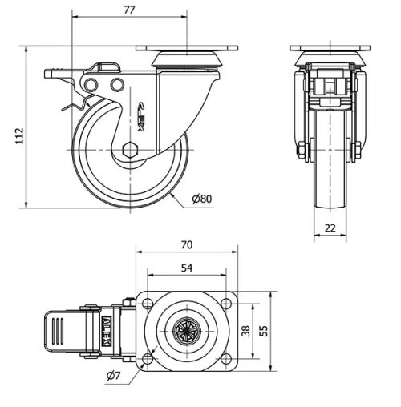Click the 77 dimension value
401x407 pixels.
128,9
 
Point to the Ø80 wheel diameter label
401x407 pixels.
201,199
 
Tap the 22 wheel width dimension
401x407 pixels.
330,228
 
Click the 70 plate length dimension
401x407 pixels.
188,244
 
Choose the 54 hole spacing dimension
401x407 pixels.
188,268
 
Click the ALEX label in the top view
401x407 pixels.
106,328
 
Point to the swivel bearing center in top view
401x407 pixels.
188,328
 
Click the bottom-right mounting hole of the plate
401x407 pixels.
228,356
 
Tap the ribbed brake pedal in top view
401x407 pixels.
58,329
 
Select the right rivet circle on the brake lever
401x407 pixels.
117,85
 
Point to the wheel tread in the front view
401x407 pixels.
330,176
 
